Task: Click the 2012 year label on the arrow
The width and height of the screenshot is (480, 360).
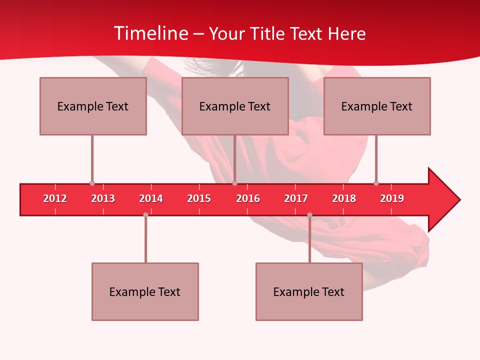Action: pyautogui.click(x=55, y=198)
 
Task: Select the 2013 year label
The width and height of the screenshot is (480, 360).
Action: pyautogui.click(x=103, y=198)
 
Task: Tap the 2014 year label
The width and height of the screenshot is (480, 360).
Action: pyautogui.click(x=151, y=198)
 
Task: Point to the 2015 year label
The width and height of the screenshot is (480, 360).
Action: pyautogui.click(x=199, y=198)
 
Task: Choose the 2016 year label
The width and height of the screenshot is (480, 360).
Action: pyautogui.click(x=248, y=198)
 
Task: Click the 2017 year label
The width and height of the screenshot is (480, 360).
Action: pyautogui.click(x=296, y=198)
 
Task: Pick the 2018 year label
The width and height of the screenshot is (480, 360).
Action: pyautogui.click(x=344, y=198)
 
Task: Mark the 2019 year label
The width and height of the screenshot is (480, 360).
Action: pyautogui.click(x=392, y=198)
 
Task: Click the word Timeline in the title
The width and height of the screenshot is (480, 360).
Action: pyautogui.click(x=151, y=33)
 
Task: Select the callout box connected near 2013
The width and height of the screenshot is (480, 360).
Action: pyautogui.click(x=93, y=106)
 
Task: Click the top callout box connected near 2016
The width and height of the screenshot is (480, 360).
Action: pyautogui.click(x=235, y=106)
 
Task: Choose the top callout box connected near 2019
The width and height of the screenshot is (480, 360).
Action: pyautogui.click(x=377, y=106)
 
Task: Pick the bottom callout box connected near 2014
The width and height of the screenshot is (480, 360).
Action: pyautogui.click(x=145, y=291)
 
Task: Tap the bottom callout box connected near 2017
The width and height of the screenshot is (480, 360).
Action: pyautogui.click(x=309, y=291)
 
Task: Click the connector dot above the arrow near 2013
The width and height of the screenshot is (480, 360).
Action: pyautogui.click(x=92, y=183)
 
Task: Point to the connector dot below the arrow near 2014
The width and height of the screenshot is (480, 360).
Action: pyautogui.click(x=145, y=214)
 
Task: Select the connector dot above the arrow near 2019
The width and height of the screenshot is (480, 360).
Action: pyautogui.click(x=376, y=183)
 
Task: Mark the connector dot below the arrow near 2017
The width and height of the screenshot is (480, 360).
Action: pyautogui.click(x=309, y=214)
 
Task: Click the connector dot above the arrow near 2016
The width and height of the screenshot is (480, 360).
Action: pyautogui.click(x=234, y=183)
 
